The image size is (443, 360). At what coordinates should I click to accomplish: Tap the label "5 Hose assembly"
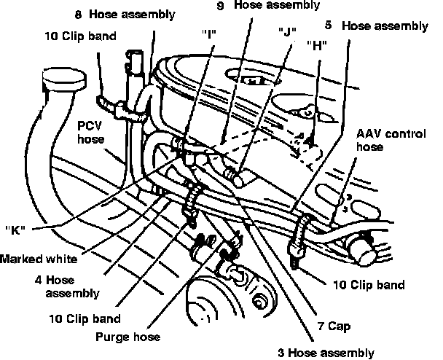(x=376, y=26)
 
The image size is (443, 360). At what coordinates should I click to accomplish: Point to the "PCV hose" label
(x=92, y=132)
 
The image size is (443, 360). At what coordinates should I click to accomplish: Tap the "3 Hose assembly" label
(x=326, y=353)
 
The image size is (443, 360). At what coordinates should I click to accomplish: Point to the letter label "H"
(x=316, y=42)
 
